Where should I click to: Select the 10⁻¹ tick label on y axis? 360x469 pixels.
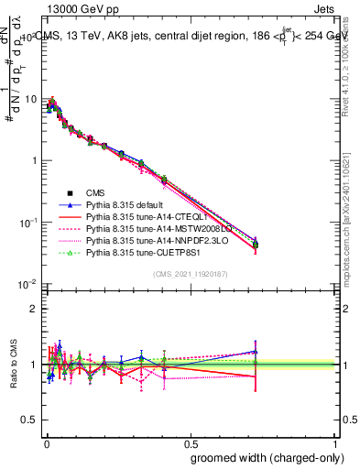point(28,222)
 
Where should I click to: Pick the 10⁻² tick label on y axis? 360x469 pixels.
point(28,284)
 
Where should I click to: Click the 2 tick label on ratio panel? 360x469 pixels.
point(35,309)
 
